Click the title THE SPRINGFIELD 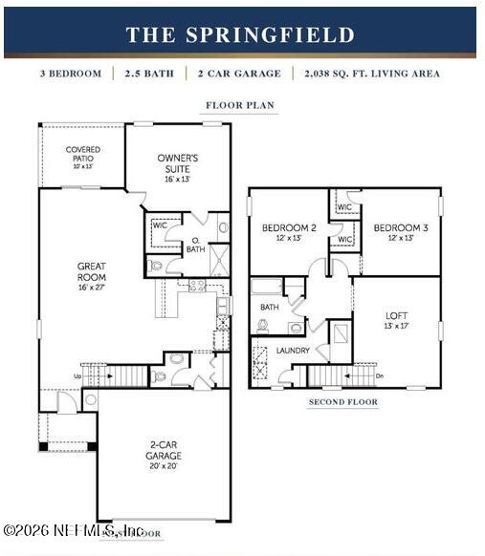(x=240, y=35)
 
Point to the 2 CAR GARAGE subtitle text (x=239, y=74)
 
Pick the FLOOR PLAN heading (x=240, y=105)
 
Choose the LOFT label (x=397, y=314)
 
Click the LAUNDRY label (x=293, y=351)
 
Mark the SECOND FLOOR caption (x=342, y=402)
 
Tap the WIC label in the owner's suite (x=160, y=225)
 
